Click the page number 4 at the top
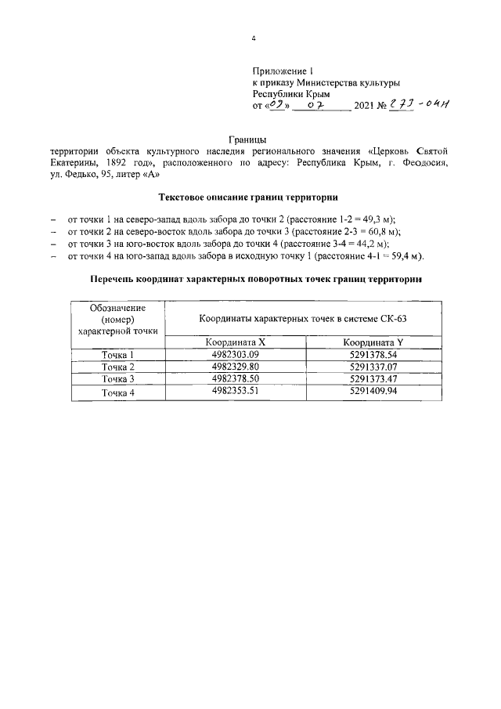coord(253,38)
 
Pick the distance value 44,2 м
coord(367,244)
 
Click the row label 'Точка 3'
coord(118,379)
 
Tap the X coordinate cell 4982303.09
coord(235,355)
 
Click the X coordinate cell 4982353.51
coord(235,391)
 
